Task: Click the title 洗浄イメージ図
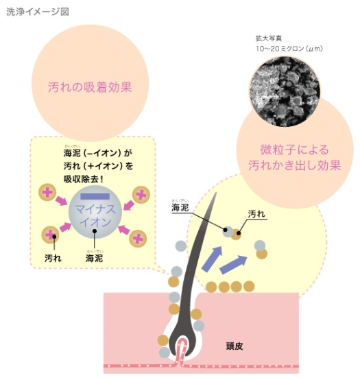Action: point(38,12)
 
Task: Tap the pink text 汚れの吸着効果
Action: point(90,87)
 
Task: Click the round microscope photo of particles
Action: point(285,92)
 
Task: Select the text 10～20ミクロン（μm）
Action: point(289,49)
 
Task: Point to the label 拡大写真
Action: point(269,38)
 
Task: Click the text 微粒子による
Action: point(294,150)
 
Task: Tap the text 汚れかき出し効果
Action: point(294,165)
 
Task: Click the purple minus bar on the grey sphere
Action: point(95,196)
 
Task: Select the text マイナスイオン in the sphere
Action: point(95,215)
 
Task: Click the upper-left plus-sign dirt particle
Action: point(47,193)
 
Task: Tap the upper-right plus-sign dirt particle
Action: point(141,195)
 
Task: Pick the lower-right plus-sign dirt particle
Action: point(138,239)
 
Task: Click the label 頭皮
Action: point(235,346)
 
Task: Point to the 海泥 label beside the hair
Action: point(180,207)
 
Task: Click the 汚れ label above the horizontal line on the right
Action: point(256,214)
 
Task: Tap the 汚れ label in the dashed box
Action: point(53,258)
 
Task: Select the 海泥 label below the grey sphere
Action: point(94,258)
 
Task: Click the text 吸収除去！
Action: point(84,179)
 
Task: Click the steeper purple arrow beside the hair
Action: point(212,259)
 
